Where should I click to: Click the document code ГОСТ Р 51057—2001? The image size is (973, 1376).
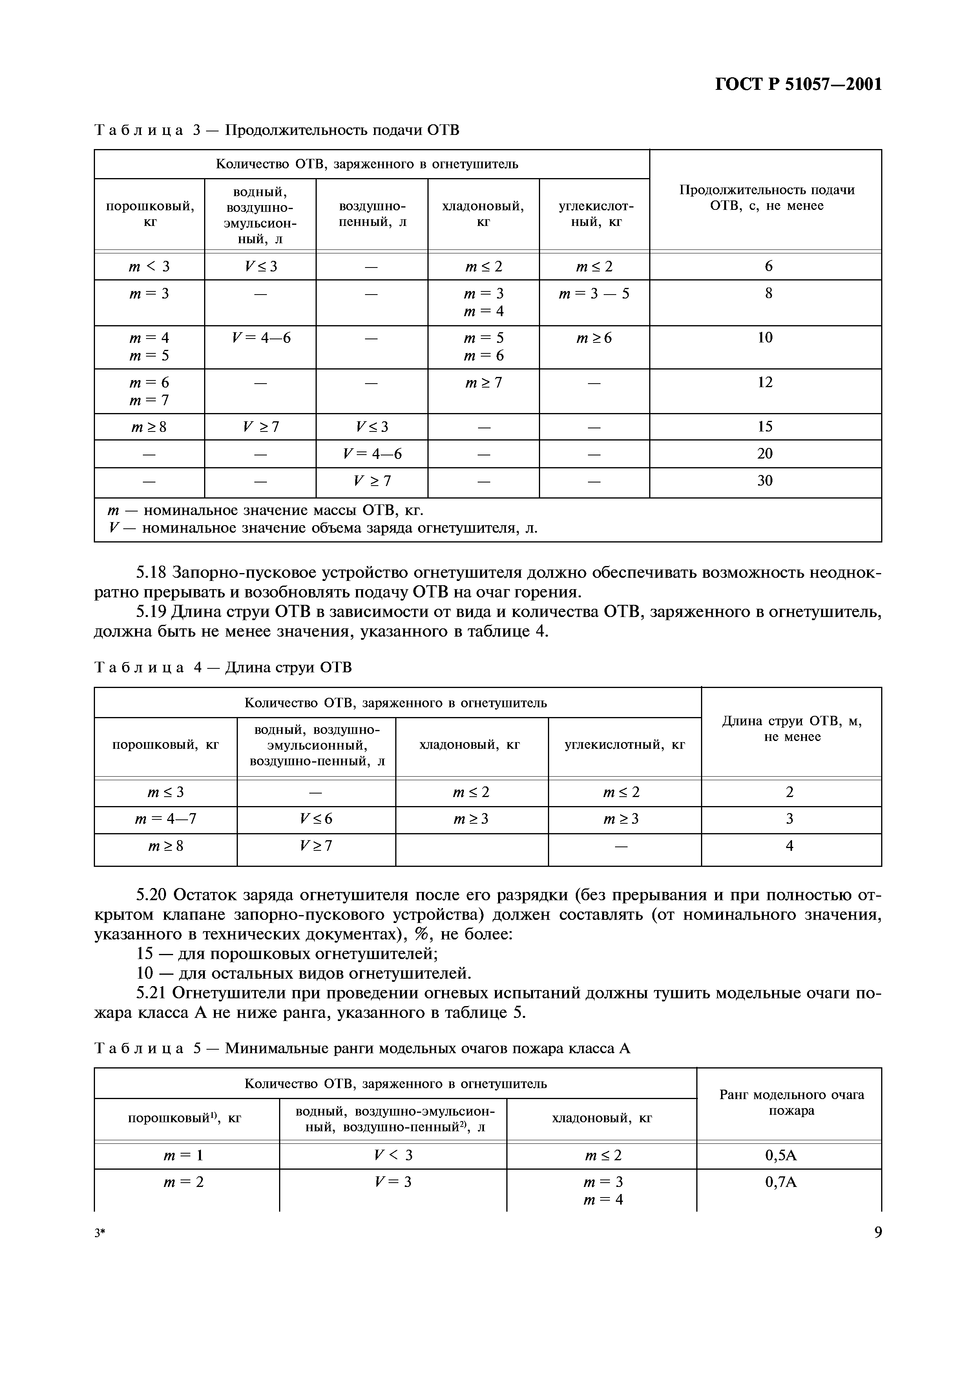tap(799, 84)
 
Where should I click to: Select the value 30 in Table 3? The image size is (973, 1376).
tap(765, 481)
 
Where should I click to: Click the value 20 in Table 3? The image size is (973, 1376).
tap(765, 454)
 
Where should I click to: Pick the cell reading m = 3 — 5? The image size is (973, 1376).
tap(594, 294)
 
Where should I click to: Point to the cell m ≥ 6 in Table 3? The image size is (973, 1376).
tap(594, 338)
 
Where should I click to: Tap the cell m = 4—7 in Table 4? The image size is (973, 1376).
tap(166, 819)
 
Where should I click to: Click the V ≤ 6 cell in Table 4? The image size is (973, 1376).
tap(316, 819)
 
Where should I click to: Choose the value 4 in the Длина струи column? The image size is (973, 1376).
tap(790, 846)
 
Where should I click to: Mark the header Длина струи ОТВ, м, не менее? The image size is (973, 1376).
tap(792, 729)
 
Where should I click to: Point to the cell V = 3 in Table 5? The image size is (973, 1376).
tap(393, 1182)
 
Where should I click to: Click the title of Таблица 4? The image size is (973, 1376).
tap(223, 668)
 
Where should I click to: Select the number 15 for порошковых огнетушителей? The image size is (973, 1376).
tap(145, 954)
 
